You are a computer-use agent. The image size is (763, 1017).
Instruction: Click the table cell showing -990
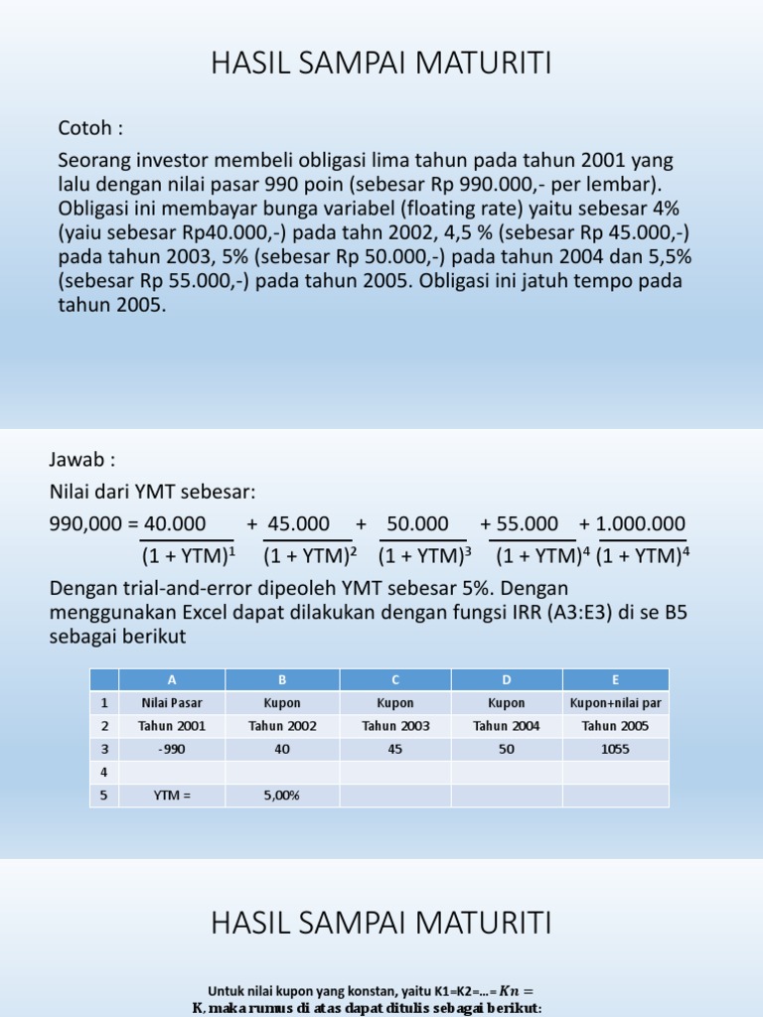[x=172, y=749]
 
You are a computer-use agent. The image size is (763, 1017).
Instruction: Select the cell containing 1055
[x=616, y=749]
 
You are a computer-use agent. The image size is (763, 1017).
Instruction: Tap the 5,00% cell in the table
[x=282, y=796]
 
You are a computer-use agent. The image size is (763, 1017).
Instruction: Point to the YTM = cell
[x=172, y=796]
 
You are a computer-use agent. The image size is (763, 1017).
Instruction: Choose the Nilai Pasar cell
[x=172, y=702]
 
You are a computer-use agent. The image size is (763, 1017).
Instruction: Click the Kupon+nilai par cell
[x=616, y=702]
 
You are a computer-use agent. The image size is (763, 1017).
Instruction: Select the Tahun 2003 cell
[x=395, y=726]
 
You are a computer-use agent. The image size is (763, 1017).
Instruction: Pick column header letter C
[x=395, y=679]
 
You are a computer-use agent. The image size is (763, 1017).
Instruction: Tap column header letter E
[x=616, y=679]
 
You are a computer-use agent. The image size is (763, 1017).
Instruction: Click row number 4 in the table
[x=103, y=772]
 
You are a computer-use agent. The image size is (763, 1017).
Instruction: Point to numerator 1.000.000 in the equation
[x=639, y=523]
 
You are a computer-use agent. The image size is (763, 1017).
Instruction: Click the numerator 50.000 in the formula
[x=417, y=523]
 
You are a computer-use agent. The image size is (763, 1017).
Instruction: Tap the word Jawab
[x=81, y=460]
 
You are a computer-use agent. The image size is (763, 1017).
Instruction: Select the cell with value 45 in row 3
[x=395, y=749]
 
